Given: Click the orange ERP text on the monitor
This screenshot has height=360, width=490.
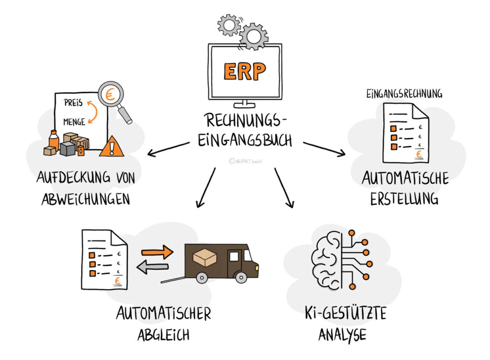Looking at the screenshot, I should tap(245, 72).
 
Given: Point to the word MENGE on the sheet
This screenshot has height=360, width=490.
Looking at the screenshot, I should tap(74, 121).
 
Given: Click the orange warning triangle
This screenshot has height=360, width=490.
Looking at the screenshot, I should tap(111, 146).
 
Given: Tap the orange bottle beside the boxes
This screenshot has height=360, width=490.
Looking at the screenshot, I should tap(54, 140).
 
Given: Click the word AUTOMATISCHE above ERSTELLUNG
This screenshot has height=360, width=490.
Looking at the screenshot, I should tap(405, 179).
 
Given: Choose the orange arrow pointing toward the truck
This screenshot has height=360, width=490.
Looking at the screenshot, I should tap(157, 252).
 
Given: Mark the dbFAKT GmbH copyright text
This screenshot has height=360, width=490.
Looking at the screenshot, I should tap(245, 161).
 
